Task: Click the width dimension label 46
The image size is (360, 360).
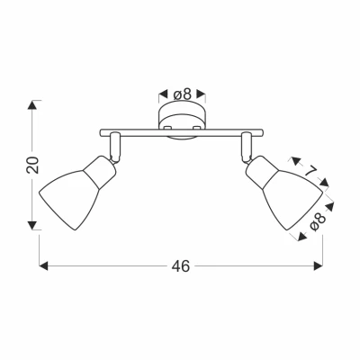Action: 181,265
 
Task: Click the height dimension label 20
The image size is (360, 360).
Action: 32,165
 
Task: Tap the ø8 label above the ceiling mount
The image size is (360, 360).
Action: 182,94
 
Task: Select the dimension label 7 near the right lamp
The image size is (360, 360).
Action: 311,172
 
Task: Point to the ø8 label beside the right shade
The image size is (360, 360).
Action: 318,222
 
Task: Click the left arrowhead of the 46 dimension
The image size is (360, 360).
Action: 43,265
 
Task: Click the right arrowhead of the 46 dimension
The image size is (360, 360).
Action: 318,265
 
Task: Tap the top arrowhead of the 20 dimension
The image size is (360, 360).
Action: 32,105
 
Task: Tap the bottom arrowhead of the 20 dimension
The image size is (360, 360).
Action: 32,225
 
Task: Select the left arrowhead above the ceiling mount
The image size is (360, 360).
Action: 163,94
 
